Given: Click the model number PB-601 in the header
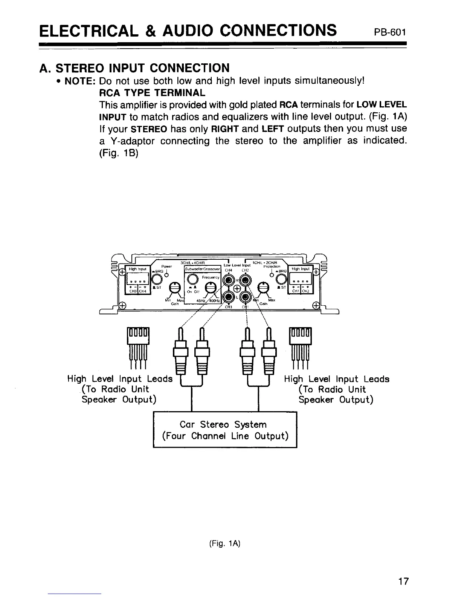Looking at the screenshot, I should point(390,31).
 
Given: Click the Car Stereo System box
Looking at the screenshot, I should point(225,430).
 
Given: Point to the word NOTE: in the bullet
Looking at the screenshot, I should point(81,81).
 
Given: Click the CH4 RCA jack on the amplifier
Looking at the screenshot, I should point(228,280).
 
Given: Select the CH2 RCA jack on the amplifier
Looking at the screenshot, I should point(246,280).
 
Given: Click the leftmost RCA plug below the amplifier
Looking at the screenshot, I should point(180,351).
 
